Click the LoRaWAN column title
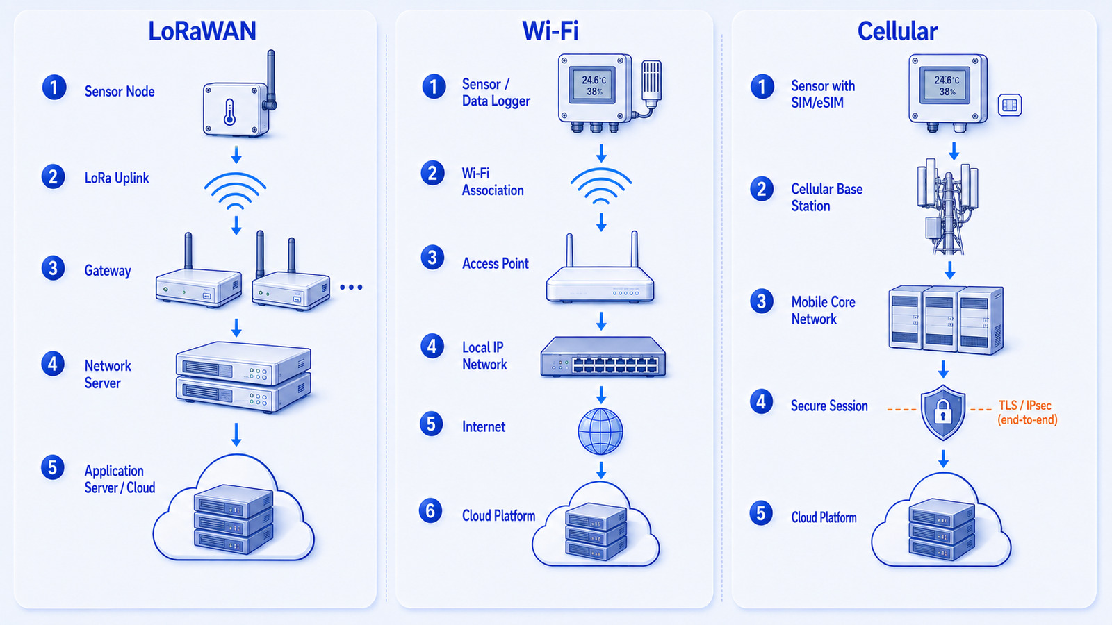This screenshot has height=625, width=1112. click(x=202, y=31)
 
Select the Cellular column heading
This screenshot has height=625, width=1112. click(x=897, y=31)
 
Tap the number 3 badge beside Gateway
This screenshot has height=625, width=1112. click(x=53, y=268)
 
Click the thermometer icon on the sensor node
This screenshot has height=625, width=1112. click(x=229, y=112)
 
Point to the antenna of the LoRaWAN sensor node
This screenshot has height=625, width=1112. click(x=270, y=79)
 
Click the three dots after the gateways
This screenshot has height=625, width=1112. click(x=351, y=287)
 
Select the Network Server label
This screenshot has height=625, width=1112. click(x=108, y=374)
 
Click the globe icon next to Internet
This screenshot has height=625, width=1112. click(x=600, y=431)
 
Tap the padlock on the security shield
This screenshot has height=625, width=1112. click(x=942, y=412)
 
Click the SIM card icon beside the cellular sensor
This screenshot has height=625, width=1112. click(x=1010, y=105)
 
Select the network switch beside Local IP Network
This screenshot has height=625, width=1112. click(x=603, y=357)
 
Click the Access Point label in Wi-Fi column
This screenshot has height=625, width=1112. click(x=496, y=263)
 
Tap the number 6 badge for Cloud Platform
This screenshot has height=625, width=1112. click(x=431, y=511)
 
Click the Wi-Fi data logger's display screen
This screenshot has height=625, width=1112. click(x=594, y=85)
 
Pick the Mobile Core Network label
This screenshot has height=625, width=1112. click(x=823, y=310)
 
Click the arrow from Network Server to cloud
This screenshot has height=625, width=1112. click(x=236, y=435)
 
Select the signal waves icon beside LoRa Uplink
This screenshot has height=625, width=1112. click(x=236, y=190)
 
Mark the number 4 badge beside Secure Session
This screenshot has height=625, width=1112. click(x=762, y=402)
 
